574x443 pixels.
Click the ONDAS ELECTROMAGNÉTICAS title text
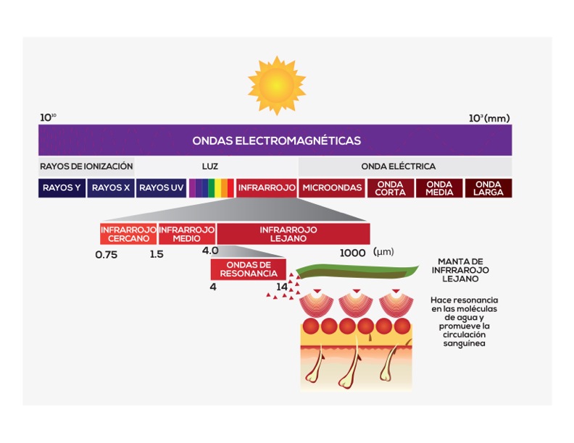tap(276, 140)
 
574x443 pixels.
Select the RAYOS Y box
tap(62, 188)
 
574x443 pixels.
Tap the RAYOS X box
tap(111, 188)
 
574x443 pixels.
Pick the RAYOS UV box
tap(161, 188)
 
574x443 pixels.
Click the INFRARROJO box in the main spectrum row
tap(267, 188)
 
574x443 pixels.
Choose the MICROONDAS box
tap(331, 188)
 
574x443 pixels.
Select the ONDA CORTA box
tap(390, 188)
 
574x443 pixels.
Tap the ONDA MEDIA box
tap(439, 188)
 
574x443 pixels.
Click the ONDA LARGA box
tap(488, 188)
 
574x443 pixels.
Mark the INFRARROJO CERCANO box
tap(128, 234)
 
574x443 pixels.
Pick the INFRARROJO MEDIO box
tap(186, 234)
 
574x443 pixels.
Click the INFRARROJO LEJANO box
tap(293, 234)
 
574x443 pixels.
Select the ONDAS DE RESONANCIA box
tap(244, 269)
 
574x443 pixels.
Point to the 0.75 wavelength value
tap(107, 254)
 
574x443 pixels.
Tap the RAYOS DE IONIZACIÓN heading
tap(86, 166)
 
